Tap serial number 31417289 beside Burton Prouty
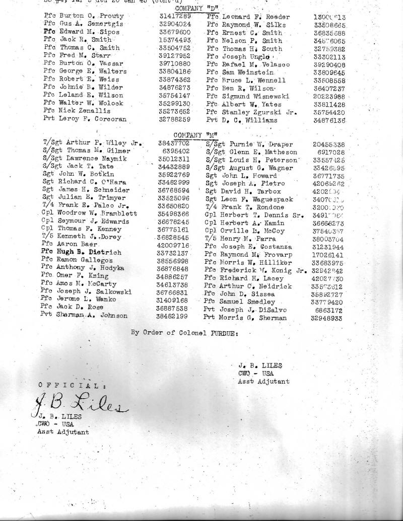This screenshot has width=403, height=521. (x=174, y=16)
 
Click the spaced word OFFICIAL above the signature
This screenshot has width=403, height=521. (x=72, y=385)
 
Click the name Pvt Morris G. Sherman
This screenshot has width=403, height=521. (x=245, y=318)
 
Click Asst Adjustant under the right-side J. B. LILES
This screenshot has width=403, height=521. (x=263, y=382)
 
